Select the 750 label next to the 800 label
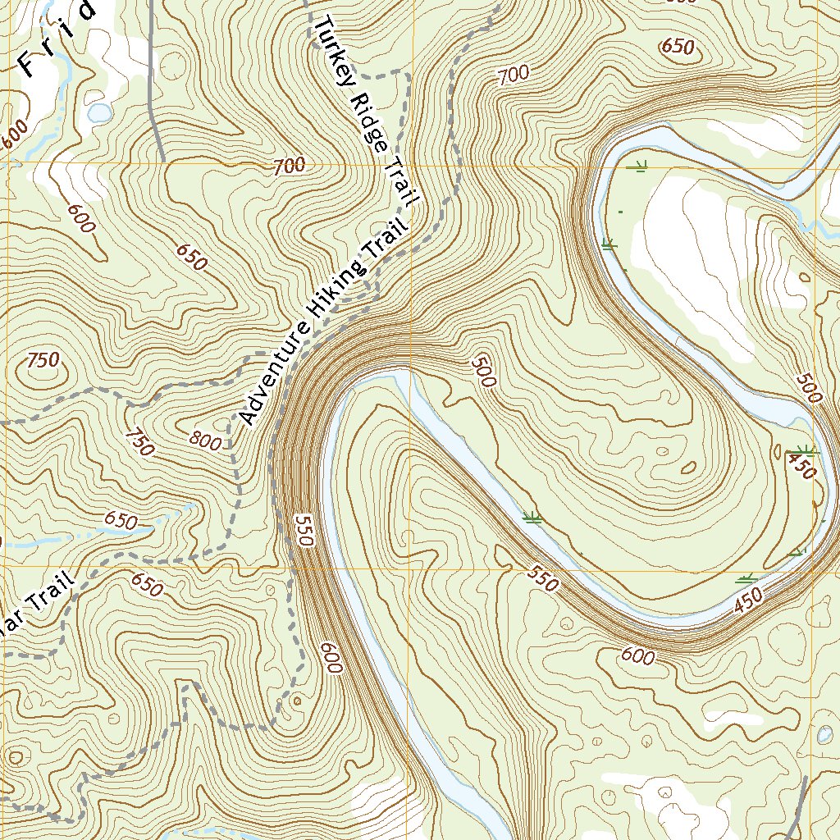(139, 443)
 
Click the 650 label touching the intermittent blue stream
(120, 520)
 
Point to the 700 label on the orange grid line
(289, 166)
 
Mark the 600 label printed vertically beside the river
(331, 657)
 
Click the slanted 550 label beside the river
(541, 579)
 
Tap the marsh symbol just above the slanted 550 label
(532, 518)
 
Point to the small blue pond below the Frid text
(100, 112)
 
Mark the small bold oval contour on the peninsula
(688, 468)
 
